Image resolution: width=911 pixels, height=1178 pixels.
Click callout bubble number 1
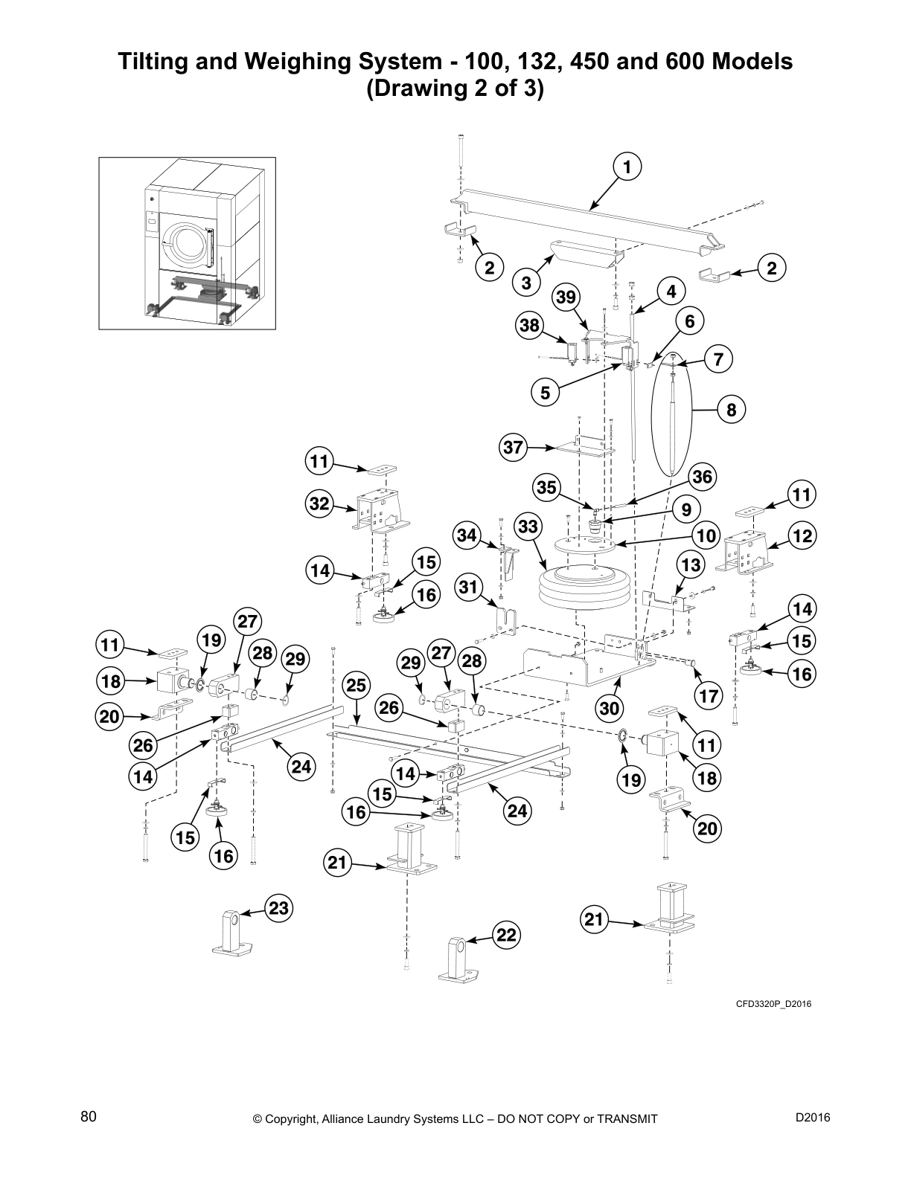coord(627,167)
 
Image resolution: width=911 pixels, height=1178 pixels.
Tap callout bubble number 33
coord(528,527)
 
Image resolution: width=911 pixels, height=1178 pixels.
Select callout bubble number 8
coord(731,410)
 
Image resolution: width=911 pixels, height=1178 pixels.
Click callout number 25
coord(357,685)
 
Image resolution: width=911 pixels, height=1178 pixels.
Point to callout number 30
coord(610,709)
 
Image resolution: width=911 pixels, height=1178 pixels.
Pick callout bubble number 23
coord(278,909)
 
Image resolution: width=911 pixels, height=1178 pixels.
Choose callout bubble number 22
coord(506,935)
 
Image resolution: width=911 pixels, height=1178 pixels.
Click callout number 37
coord(514,448)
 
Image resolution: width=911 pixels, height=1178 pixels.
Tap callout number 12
coord(802,535)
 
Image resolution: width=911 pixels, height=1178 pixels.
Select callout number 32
coord(319,503)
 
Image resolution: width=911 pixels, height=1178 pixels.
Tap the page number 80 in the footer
coord(89,1116)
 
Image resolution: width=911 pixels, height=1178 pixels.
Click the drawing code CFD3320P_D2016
coord(773,1004)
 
